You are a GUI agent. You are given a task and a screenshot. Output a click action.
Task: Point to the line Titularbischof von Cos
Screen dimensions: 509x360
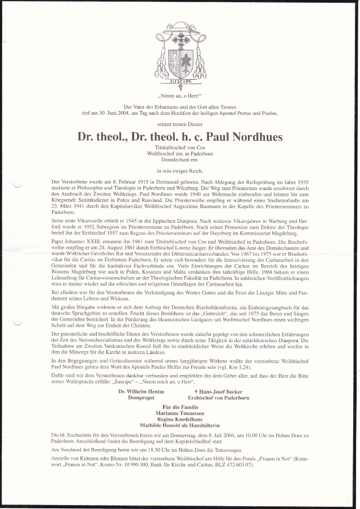(x=180, y=146)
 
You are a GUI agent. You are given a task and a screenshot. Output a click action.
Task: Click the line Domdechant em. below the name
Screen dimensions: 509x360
(x=180, y=159)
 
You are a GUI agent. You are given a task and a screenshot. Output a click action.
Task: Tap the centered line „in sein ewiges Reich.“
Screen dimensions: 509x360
(x=180, y=170)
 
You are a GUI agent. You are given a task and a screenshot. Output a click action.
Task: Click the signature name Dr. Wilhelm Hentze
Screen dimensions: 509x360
(x=142, y=391)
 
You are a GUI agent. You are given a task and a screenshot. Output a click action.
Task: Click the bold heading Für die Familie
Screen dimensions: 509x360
(x=180, y=407)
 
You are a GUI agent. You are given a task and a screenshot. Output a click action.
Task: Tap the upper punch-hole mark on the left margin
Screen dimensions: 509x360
(x=17, y=183)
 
